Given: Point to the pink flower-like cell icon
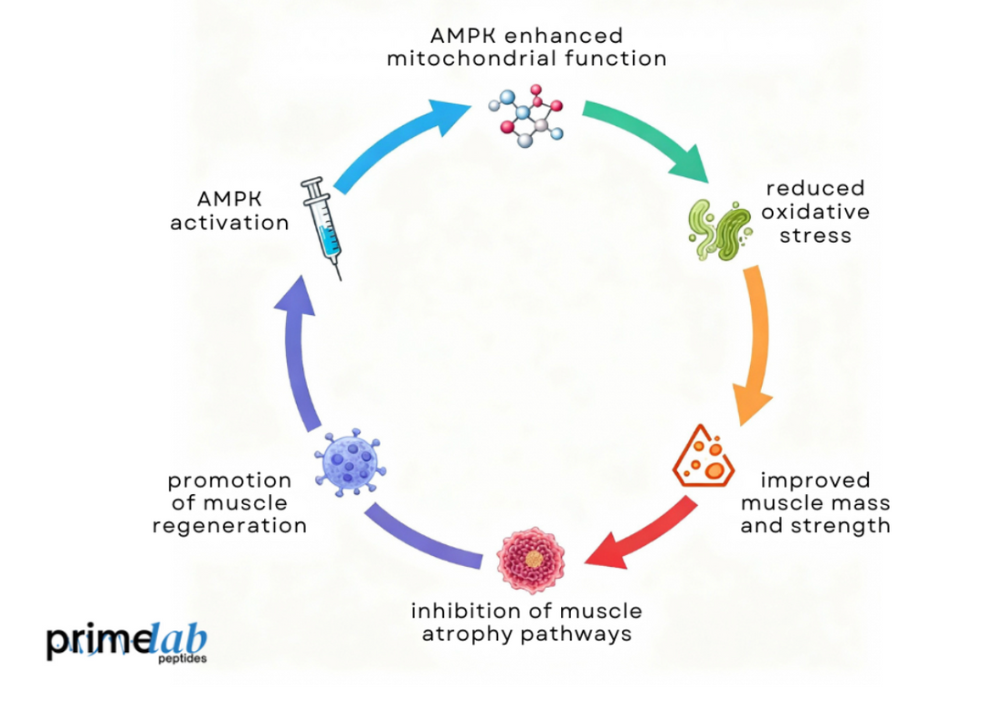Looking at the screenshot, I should pyautogui.click(x=530, y=560).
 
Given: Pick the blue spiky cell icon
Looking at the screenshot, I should pyautogui.click(x=349, y=463).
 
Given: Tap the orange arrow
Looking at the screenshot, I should pyautogui.click(x=756, y=342).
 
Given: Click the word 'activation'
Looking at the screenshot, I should pyautogui.click(x=229, y=223).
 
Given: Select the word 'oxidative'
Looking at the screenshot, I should pyautogui.click(x=816, y=212).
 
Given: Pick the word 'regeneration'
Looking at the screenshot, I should pyautogui.click(x=229, y=526).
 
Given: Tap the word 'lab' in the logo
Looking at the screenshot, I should pyautogui.click(x=179, y=640).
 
